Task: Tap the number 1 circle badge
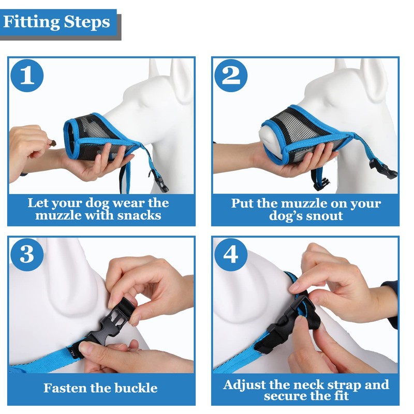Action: [x=27, y=76]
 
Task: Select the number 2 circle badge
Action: [x=231, y=76]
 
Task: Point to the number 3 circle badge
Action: [x=27, y=255]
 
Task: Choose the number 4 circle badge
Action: [x=231, y=255]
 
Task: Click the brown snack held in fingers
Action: [x=53, y=144]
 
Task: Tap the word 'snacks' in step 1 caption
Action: [x=139, y=215]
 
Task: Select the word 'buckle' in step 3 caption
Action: [x=136, y=388]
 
